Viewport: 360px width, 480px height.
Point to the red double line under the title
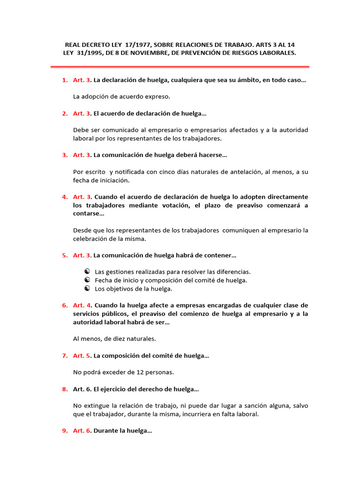pyautogui.click(x=180, y=67)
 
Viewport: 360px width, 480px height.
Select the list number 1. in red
pyautogui.click(x=65, y=80)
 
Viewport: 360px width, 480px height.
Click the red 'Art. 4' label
pyautogui.click(x=81, y=305)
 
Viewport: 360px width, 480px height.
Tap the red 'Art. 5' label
pyautogui.click(x=81, y=356)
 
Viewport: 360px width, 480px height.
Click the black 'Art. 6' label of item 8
pyautogui.click(x=81, y=389)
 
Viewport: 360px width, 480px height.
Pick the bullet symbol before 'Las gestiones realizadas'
pyautogui.click(x=87, y=272)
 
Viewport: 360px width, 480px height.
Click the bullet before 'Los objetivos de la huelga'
pyautogui.click(x=87, y=289)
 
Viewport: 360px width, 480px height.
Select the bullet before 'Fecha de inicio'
pyautogui.click(x=87, y=280)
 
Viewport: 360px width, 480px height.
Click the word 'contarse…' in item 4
pyautogui.click(x=89, y=213)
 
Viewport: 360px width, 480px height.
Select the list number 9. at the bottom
pyautogui.click(x=65, y=431)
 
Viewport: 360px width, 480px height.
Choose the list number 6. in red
pyautogui.click(x=65, y=305)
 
